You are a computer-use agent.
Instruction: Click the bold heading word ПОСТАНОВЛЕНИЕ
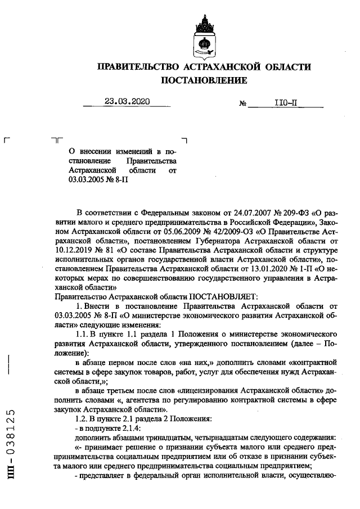point(204,81)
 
